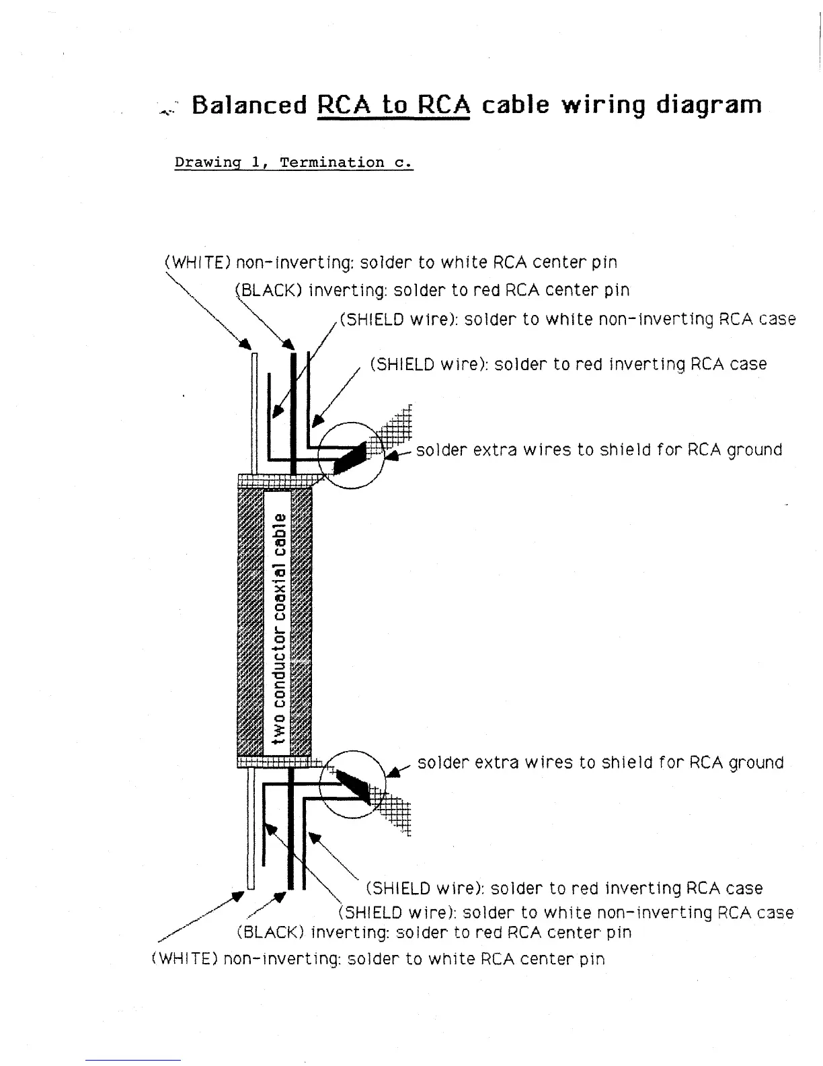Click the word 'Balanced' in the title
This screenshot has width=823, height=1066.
[249, 106]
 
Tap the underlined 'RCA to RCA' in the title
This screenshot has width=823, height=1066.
[393, 106]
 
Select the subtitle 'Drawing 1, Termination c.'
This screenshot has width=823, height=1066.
[293, 163]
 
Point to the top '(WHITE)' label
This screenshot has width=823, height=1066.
[198, 262]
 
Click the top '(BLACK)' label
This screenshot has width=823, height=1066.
[270, 291]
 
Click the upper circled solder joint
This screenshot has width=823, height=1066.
[350, 456]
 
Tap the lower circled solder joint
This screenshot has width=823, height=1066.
[352, 784]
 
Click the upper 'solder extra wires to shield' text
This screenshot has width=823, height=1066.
[598, 450]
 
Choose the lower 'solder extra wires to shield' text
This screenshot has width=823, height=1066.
[600, 763]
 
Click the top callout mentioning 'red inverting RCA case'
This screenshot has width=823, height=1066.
[568, 365]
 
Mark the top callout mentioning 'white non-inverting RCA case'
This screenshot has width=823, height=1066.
[567, 319]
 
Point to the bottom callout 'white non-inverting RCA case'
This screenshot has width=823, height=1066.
[565, 913]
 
